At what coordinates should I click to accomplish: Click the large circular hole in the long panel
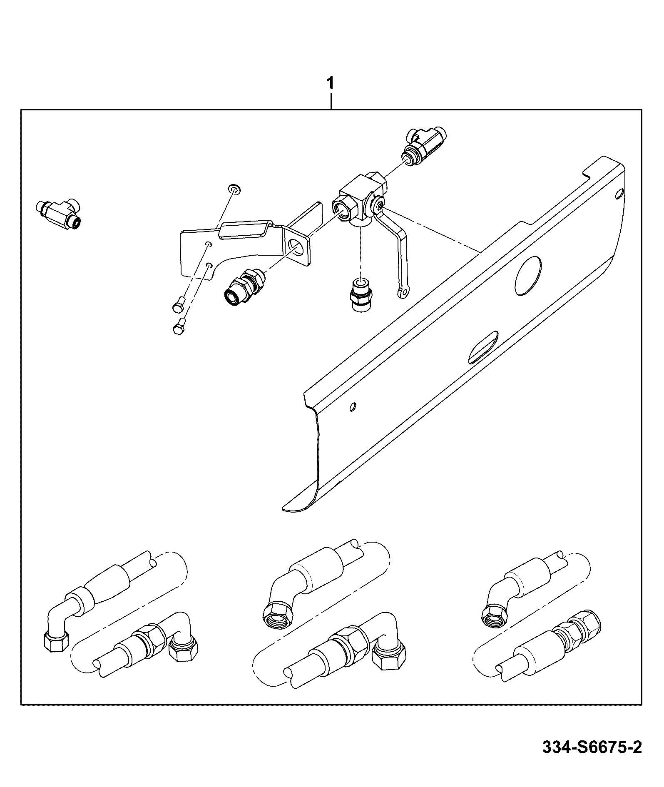point(528,276)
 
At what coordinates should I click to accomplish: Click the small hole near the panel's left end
point(353,406)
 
